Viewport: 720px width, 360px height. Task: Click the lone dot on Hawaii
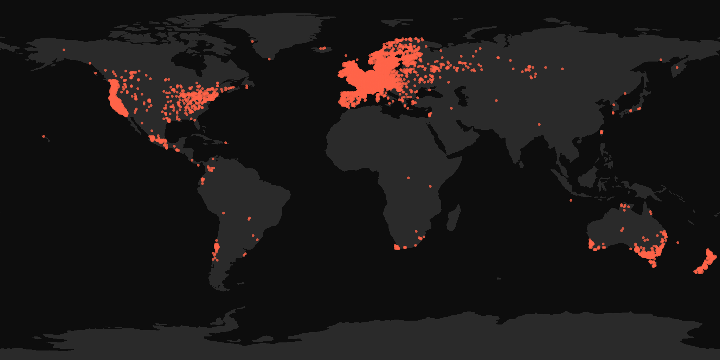tap(44, 136)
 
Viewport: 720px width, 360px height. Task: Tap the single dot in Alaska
tap(64, 50)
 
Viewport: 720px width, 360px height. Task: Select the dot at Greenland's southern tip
tap(269, 59)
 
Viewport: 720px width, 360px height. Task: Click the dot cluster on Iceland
tap(323, 48)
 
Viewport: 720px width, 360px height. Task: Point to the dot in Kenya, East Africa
tap(430, 186)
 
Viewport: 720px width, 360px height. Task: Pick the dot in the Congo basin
tap(409, 178)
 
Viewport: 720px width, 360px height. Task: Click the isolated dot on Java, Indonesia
tap(571, 200)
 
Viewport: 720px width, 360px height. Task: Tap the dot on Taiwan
tap(602, 133)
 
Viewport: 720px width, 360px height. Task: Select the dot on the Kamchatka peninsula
tap(677, 67)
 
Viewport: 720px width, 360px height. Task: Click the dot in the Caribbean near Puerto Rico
tap(226, 143)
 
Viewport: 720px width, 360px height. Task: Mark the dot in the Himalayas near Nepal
tap(539, 124)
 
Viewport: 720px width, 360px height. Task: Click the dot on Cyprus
tap(430, 115)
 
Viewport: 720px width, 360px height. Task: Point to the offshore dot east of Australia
tap(678, 243)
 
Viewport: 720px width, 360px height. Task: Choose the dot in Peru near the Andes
tap(224, 213)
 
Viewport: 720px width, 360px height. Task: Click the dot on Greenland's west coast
tap(252, 41)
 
